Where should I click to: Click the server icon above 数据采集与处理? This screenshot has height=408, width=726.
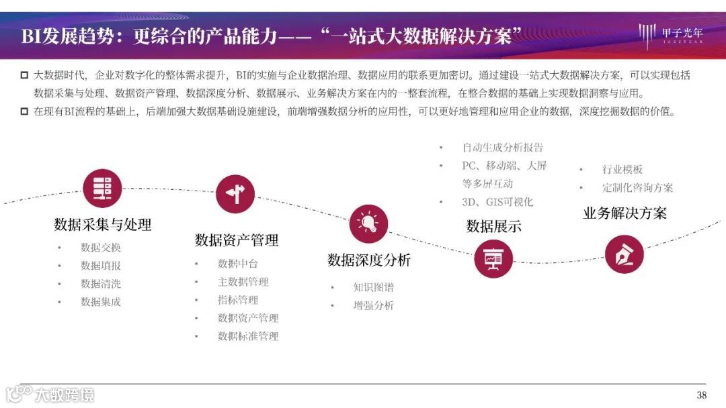click(102, 189)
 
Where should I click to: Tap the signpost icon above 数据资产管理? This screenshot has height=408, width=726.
click(235, 195)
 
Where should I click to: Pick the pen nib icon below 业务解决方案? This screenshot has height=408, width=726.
click(624, 254)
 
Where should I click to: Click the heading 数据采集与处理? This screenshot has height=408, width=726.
click(102, 225)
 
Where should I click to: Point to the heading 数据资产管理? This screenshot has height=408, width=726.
click(237, 240)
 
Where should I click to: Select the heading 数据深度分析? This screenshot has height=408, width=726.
click(369, 260)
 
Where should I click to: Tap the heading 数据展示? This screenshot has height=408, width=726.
click(493, 226)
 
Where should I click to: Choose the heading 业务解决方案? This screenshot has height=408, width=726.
click(624, 213)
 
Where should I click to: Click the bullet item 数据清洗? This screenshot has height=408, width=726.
click(101, 284)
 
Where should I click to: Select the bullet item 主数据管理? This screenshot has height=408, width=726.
click(243, 282)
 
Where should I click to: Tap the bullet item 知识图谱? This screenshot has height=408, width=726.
click(374, 287)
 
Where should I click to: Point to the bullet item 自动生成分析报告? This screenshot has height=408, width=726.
click(502, 148)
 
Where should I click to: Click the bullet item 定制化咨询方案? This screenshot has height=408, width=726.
click(637, 188)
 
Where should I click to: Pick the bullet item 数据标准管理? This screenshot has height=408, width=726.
click(248, 336)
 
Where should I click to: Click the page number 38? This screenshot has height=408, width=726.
click(701, 395)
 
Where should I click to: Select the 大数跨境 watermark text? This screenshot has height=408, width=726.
click(65, 395)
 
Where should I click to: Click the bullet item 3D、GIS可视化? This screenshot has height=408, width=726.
click(497, 201)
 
